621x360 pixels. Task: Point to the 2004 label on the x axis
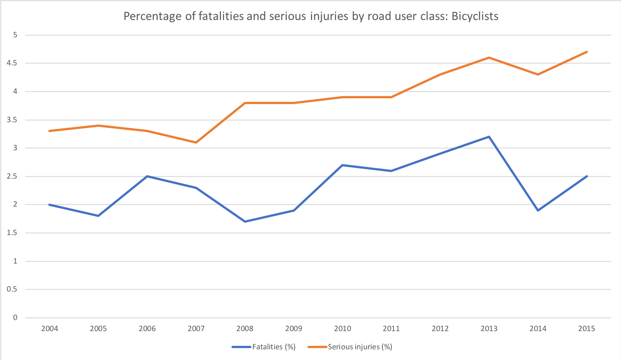pos(49,329)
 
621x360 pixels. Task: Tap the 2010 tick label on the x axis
pos(343,329)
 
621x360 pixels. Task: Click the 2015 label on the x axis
pos(587,329)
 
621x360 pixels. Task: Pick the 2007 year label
pos(196,329)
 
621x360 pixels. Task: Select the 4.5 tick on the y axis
pos(12,64)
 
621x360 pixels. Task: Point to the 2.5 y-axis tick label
pos(12,176)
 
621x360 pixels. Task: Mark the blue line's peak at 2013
pos(489,137)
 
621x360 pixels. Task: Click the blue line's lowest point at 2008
pos(245,221)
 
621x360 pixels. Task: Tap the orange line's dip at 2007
pos(196,142)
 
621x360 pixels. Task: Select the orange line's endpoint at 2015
pos(587,52)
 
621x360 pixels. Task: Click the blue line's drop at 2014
pos(538,210)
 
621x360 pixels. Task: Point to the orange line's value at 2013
pos(489,58)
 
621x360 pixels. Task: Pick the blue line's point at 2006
pos(147,176)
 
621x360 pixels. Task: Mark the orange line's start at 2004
pos(49,131)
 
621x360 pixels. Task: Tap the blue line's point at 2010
pos(343,165)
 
